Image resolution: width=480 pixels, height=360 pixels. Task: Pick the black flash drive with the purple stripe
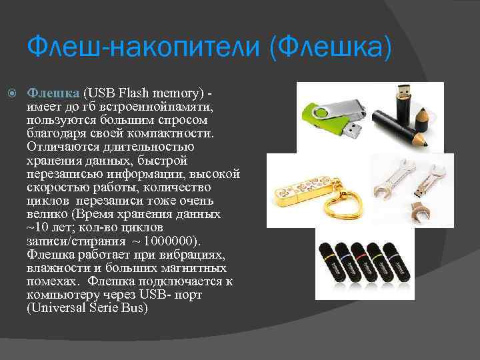(x=395, y=265)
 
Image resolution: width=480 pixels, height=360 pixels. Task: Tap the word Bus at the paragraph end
(x=136, y=309)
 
